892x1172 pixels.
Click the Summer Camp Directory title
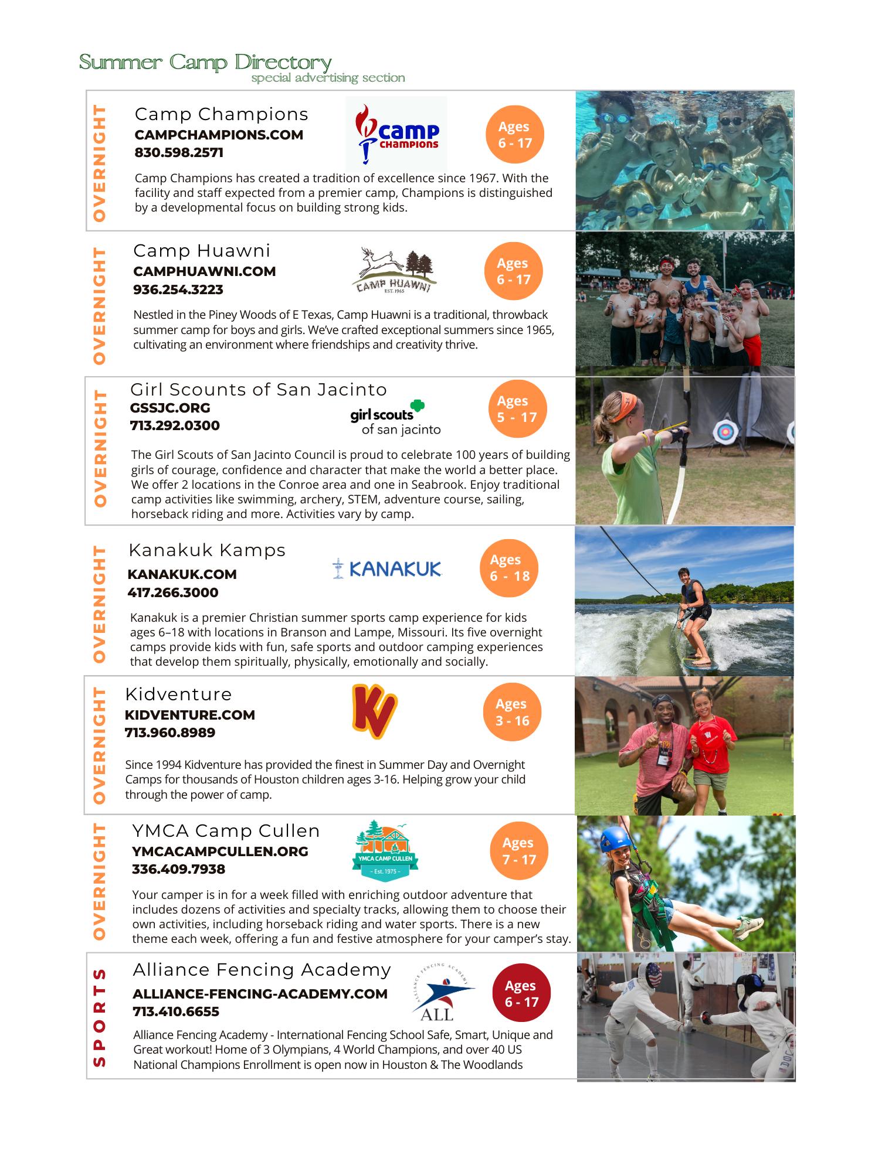pos(205,62)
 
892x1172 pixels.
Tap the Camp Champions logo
pos(396,134)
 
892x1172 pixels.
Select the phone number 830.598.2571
pos(179,153)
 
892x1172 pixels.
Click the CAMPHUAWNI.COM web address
pos(204,271)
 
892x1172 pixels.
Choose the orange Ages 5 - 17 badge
pos(517,409)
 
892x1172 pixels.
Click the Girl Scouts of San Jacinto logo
pos(395,417)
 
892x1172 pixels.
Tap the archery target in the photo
pos(725,432)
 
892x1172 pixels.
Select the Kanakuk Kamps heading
pos(207,550)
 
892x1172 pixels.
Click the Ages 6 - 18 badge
pos(509,568)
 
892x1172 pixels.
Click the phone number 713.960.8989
pos(170,732)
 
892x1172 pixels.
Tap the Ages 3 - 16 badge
pos(512,712)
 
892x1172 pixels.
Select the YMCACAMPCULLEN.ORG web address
pos(220,851)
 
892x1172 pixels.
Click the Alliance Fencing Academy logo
pos(443,993)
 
